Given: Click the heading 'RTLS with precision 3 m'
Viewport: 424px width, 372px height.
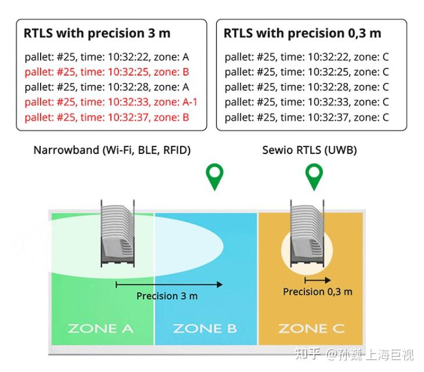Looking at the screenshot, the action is pyautogui.click(x=97, y=33).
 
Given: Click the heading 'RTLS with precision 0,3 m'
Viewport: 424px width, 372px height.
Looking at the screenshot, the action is pyautogui.click(x=302, y=33).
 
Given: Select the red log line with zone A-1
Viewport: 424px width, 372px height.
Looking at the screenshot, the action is pyautogui.click(x=111, y=102).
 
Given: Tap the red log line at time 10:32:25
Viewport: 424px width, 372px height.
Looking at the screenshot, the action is pyautogui.click(x=107, y=72).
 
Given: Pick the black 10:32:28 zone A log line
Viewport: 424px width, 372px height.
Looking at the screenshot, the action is pyautogui.click(x=107, y=87).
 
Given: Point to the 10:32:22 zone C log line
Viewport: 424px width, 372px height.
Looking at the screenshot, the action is pyautogui.click(x=307, y=57).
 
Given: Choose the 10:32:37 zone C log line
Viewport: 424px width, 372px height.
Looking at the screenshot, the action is pyautogui.click(x=307, y=117).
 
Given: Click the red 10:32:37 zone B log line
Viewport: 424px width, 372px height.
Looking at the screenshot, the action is pyautogui.click(x=107, y=117).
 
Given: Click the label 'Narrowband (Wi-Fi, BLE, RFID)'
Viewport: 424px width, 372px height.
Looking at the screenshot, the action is pyautogui.click(x=112, y=150).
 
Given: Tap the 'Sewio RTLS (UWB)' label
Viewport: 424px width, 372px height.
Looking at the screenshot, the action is pyautogui.click(x=310, y=150).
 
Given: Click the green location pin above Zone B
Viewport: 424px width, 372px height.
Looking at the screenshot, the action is pyautogui.click(x=214, y=176).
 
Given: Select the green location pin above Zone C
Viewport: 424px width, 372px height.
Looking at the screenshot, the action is pyautogui.click(x=314, y=176).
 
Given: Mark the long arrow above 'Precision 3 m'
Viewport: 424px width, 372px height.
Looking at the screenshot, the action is pyautogui.click(x=169, y=284).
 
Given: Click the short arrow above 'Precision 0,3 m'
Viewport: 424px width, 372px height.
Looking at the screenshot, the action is pyautogui.click(x=318, y=280).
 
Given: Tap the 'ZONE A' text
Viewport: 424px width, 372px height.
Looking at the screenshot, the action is pyautogui.click(x=100, y=329).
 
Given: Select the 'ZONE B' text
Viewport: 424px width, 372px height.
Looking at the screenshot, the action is pyautogui.click(x=204, y=329).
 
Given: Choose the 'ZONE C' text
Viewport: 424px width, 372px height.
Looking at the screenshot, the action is pyautogui.click(x=311, y=329).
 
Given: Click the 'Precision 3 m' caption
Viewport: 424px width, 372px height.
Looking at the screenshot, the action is pyautogui.click(x=167, y=296).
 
